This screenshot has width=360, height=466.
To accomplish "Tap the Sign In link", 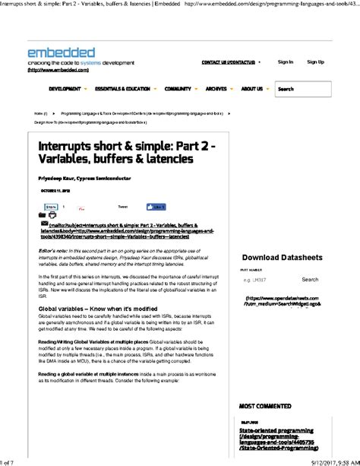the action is [285, 62].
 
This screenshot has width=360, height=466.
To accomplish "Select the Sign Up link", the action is [315, 62].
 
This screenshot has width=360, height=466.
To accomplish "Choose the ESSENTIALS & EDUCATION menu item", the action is [122, 89].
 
